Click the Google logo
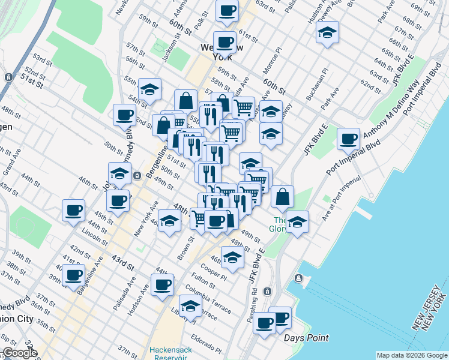(x=19, y=353)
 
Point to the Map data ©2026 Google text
(x=412, y=355)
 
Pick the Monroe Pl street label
(x=271, y=62)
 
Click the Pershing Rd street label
(x=255, y=307)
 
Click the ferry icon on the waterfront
(x=298, y=279)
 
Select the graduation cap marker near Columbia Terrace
(x=190, y=306)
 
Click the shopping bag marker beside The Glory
(x=282, y=196)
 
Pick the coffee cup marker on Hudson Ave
(x=162, y=284)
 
